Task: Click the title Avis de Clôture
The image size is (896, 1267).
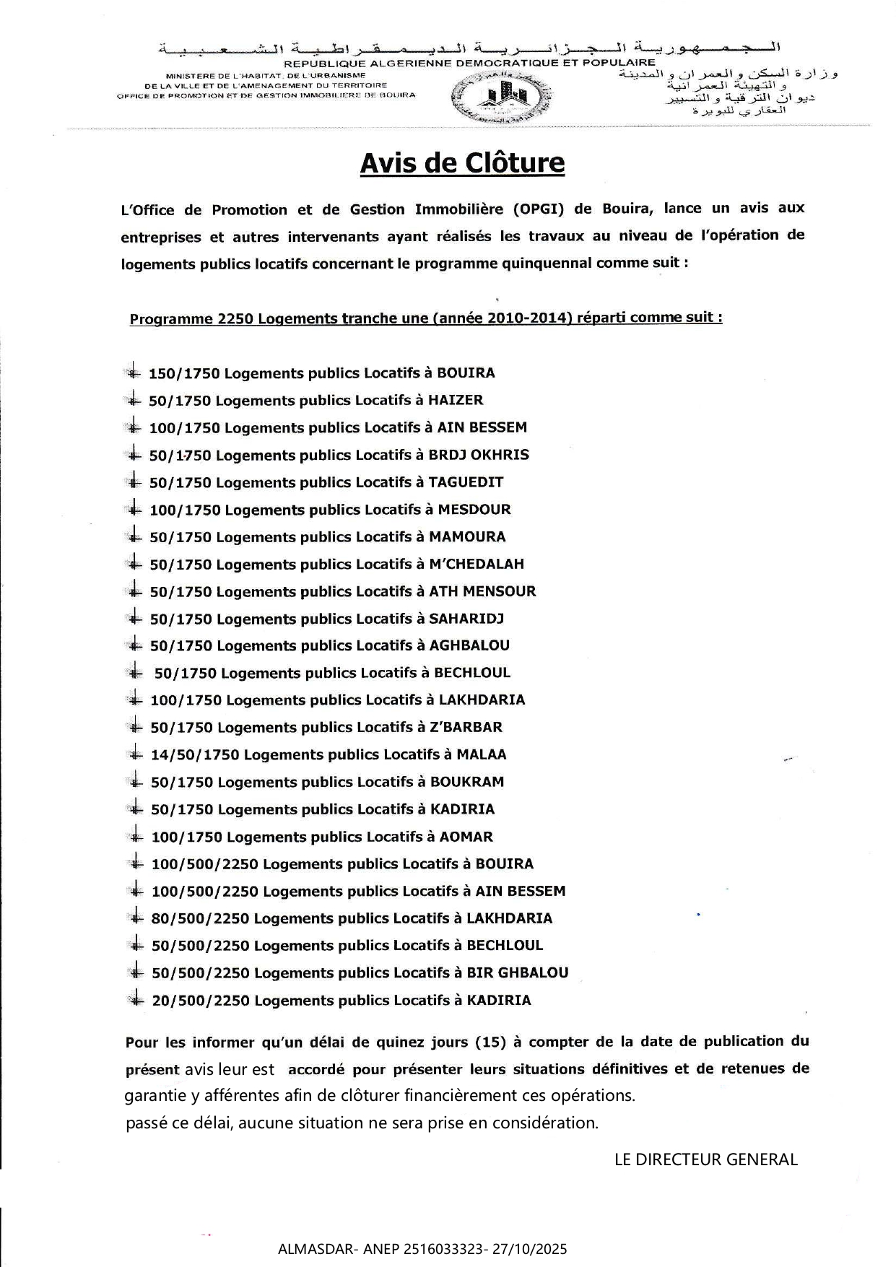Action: pos(462,163)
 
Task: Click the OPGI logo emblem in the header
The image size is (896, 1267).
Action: pos(502,97)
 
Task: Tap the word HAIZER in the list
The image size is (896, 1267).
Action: pos(456,400)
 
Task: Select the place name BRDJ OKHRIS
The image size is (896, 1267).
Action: pos(479,455)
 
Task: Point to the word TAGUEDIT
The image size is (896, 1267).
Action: pos(466,482)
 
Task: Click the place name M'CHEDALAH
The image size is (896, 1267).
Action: pos(477,564)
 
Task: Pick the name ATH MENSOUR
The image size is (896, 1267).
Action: pos(482,591)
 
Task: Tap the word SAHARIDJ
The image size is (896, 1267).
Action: pos(466,619)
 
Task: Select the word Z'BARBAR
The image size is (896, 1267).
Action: pos(466,727)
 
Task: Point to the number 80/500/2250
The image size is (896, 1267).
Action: pos(200,918)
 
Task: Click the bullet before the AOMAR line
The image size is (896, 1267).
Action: pos(134,836)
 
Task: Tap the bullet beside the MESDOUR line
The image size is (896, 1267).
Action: pos(134,509)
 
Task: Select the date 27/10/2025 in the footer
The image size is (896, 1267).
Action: pos(529,1249)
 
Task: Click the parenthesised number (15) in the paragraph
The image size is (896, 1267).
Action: pos(490,1042)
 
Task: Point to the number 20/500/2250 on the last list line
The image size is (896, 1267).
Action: pos(200,1001)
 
